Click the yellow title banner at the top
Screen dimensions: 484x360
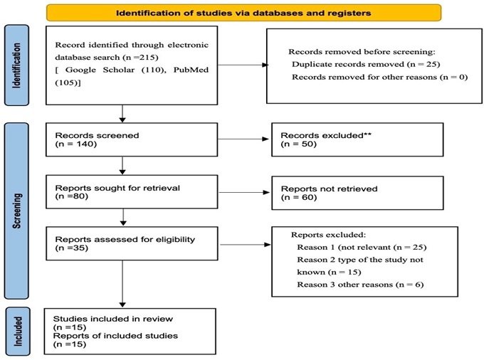(x=243, y=13)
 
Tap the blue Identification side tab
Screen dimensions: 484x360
(x=16, y=65)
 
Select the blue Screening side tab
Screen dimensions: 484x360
(x=16, y=211)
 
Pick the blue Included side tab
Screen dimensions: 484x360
(x=18, y=332)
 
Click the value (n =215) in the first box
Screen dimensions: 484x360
(x=140, y=58)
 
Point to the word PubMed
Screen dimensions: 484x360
(x=191, y=70)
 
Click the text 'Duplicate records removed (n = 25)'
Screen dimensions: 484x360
(x=366, y=64)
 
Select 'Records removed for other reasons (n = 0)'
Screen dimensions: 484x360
(x=379, y=77)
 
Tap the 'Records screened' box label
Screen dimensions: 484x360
(x=97, y=135)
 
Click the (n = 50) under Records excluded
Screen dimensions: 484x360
(x=299, y=144)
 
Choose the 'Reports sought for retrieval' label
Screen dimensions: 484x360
(x=117, y=188)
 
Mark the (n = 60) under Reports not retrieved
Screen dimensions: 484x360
(x=299, y=197)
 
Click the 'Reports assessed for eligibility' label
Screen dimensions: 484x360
(x=125, y=239)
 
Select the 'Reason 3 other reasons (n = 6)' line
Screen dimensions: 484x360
(x=360, y=285)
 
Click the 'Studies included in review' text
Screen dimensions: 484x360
(x=113, y=319)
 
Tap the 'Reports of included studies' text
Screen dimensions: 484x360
(x=115, y=336)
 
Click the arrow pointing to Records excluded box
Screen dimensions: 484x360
(x=243, y=139)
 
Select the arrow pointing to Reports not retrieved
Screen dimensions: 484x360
(x=244, y=193)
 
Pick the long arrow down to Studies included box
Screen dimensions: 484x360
(x=122, y=284)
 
